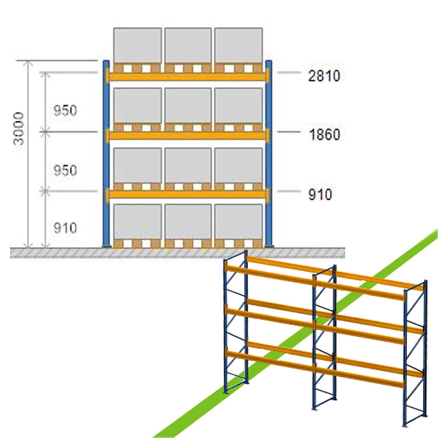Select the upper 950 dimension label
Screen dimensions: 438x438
click(65, 111)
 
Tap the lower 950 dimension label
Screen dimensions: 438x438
click(65, 170)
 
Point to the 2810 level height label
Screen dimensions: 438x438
click(324, 76)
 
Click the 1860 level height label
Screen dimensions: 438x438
click(324, 135)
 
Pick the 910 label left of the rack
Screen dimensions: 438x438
click(65, 228)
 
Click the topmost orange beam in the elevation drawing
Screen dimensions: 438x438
click(188, 76)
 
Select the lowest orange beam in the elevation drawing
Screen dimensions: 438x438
click(188, 194)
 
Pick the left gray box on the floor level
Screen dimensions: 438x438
click(137, 222)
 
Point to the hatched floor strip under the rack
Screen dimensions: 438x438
click(177, 253)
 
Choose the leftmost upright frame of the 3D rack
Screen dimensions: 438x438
click(236, 322)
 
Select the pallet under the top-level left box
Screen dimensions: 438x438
click(137, 68)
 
